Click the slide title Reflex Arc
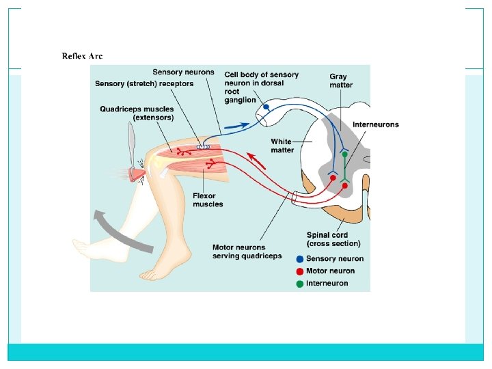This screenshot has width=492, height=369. (x=82, y=56)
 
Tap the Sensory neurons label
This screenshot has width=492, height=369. (x=182, y=72)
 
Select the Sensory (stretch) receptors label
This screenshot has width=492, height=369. (x=144, y=84)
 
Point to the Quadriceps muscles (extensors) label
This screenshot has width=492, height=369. (x=137, y=113)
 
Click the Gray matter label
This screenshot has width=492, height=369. (x=341, y=81)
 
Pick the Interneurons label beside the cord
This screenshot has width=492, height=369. (x=375, y=125)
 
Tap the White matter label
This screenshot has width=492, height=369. (x=282, y=146)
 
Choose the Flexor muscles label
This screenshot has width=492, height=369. (x=208, y=200)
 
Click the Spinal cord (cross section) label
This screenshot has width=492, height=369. (x=333, y=239)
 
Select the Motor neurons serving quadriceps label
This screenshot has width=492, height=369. (x=247, y=251)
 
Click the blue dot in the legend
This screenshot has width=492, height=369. (x=300, y=259)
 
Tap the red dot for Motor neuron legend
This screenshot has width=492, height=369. (x=300, y=271)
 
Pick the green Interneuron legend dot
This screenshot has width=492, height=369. (x=300, y=283)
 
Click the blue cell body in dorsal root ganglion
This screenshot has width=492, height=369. (x=266, y=107)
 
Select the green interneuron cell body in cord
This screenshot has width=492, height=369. (x=345, y=154)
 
